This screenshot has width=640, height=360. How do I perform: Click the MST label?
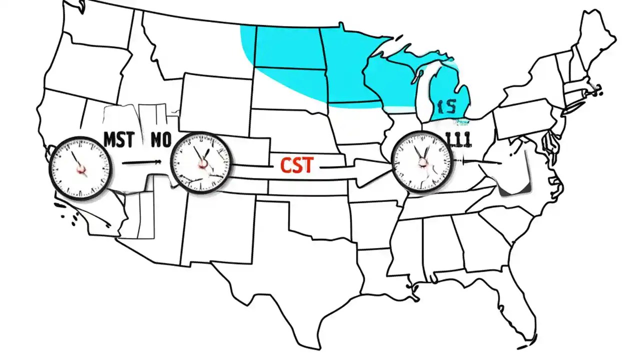[118, 140]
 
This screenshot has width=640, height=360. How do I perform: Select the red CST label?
[297, 165]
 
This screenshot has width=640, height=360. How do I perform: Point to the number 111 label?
[457, 140]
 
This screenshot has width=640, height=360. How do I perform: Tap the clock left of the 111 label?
[421, 161]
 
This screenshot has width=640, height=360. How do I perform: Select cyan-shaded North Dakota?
[287, 47]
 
